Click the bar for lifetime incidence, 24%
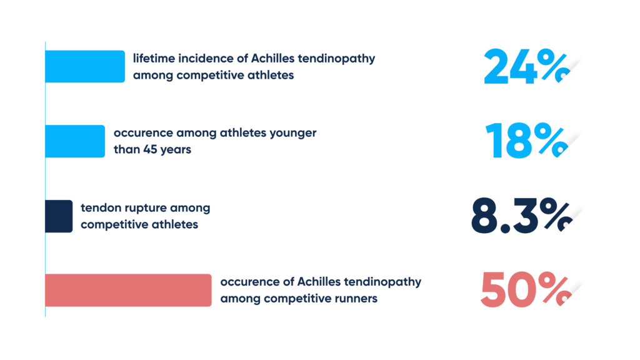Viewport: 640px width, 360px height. coord(85,66)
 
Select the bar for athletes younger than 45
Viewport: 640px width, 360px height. coord(75,141)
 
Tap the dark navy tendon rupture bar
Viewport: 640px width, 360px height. coord(59,216)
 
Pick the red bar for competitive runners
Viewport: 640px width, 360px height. coord(128,290)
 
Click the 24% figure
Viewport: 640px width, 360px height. coord(526,66)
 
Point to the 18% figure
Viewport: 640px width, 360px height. coord(526,141)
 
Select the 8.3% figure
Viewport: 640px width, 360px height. coord(522,216)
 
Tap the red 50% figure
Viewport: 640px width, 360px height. coord(526,290)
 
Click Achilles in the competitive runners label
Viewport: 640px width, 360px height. coord(319,282)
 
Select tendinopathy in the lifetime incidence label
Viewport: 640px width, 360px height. coord(336,59)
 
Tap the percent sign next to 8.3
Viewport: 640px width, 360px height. coord(556,215)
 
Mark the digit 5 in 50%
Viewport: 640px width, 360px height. coord(494,290)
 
